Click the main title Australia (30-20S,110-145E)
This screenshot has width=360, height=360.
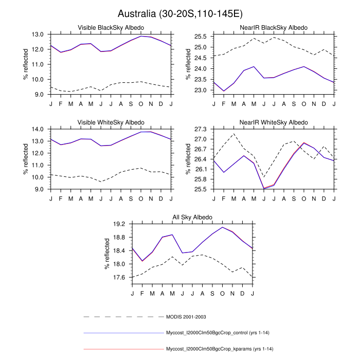(180, 13)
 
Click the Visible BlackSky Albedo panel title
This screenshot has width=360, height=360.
(111, 27)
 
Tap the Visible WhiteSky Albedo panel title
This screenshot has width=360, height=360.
(111, 122)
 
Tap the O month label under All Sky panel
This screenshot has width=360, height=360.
(223, 293)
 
